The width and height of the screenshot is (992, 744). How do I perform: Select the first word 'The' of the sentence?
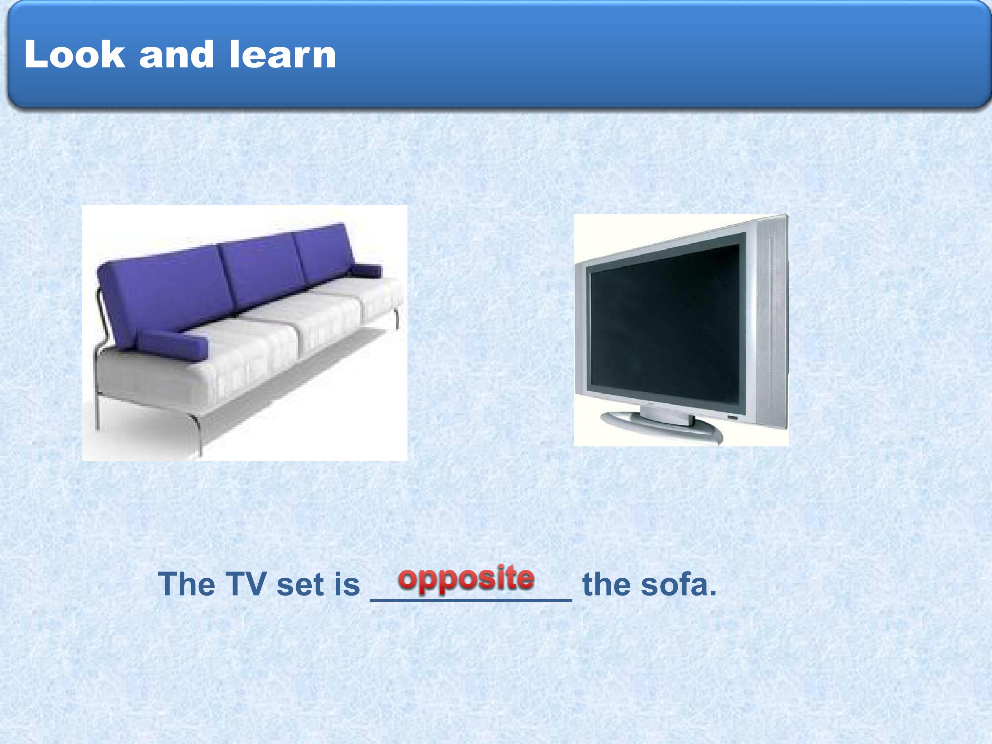coord(187,584)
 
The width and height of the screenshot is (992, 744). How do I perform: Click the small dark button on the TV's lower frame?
coord(732,418)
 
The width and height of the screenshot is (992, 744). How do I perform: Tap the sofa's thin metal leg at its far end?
coord(397,318)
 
